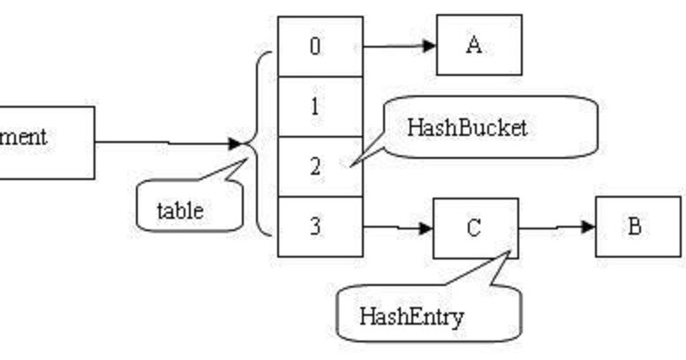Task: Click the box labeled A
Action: point(479,45)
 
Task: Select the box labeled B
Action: point(637,227)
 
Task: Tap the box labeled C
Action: point(475,228)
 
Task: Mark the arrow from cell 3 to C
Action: point(397,228)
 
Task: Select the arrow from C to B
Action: point(556,227)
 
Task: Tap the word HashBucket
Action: point(467,127)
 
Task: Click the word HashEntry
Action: point(411,316)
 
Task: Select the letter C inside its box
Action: point(474,228)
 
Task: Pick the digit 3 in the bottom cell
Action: point(315,226)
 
